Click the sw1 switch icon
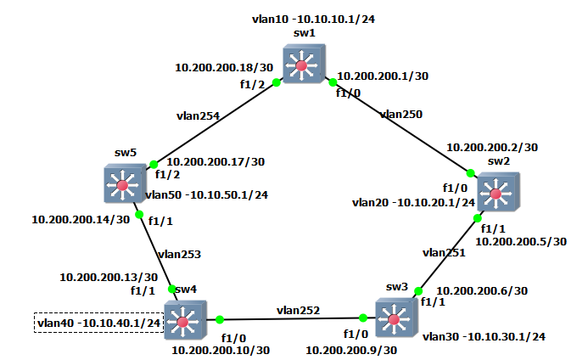click(x=303, y=64)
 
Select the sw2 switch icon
click(x=498, y=193)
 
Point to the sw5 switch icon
click(x=124, y=183)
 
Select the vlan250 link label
click(x=402, y=113)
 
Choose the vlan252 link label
click(x=297, y=311)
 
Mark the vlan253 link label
click(x=178, y=253)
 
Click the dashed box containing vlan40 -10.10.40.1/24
click(x=98, y=323)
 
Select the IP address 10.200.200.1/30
click(x=383, y=76)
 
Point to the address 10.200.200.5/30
click(x=521, y=241)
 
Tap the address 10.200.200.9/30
click(x=351, y=350)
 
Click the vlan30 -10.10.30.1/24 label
click(x=484, y=336)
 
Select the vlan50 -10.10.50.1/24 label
click(x=207, y=194)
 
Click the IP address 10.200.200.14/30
click(x=81, y=218)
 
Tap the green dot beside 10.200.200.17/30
click(x=154, y=164)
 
